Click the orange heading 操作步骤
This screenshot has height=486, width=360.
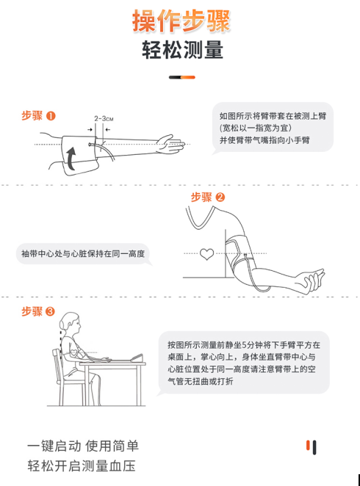(181, 21)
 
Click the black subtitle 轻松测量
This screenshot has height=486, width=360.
(182, 50)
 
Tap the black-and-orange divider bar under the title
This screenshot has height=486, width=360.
(182, 77)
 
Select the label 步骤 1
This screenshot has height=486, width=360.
(38, 116)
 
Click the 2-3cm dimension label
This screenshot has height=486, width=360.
(104, 118)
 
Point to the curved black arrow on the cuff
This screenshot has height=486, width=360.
(71, 159)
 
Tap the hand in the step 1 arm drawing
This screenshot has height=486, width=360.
(170, 144)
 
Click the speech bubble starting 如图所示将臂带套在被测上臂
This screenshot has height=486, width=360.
(273, 128)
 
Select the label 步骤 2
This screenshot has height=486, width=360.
(208, 197)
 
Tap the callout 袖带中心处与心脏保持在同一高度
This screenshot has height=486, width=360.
(83, 254)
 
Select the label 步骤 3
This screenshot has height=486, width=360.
(38, 311)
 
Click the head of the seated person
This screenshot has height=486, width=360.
(70, 324)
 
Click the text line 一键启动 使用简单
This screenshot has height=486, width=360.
(83, 446)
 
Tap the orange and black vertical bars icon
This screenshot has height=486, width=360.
(312, 447)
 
